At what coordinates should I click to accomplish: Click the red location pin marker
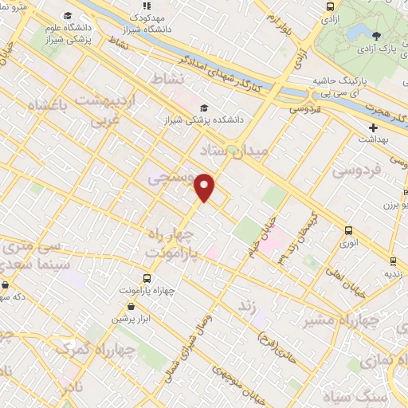pyautogui.click(x=205, y=186)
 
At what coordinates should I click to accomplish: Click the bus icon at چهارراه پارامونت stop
pyautogui.click(x=147, y=278)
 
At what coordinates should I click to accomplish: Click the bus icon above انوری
pyautogui.click(x=348, y=231)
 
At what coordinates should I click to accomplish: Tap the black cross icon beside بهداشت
pyautogui.click(x=373, y=127)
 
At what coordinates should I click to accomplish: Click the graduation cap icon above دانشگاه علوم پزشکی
pyautogui.click(x=68, y=15)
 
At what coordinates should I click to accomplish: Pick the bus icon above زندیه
pyautogui.click(x=393, y=260)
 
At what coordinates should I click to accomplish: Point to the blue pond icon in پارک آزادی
pyautogui.click(x=375, y=34)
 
